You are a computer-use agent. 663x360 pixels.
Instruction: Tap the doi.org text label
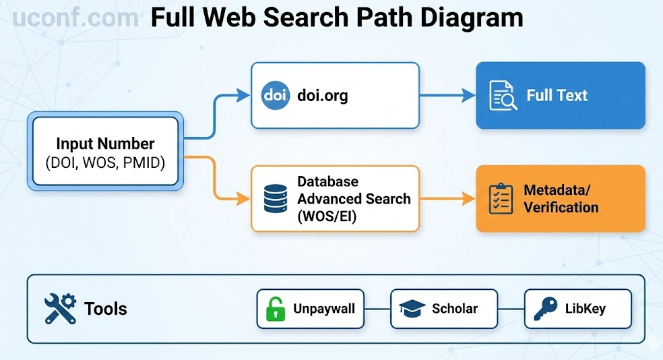click(x=323, y=95)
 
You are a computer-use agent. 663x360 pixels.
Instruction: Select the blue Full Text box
click(x=560, y=95)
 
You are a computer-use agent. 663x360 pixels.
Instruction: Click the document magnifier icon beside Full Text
click(x=503, y=95)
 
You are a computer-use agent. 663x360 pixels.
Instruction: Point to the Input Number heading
click(x=105, y=144)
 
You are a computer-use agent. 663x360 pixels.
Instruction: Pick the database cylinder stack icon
click(x=275, y=199)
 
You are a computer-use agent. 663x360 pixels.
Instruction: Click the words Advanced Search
click(x=354, y=199)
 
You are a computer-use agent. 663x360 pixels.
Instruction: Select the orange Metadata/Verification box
click(x=560, y=199)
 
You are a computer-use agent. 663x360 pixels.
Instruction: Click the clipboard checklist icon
click(x=500, y=199)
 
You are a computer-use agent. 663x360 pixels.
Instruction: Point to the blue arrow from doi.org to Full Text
click(x=447, y=95)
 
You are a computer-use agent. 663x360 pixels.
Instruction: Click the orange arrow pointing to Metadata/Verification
click(x=447, y=199)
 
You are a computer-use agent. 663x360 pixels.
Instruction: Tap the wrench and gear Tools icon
click(x=60, y=309)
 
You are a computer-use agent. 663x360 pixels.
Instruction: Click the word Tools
click(x=106, y=309)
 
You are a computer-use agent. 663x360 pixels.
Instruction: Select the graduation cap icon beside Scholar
click(x=411, y=309)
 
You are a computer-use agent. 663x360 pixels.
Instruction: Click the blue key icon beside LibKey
click(x=544, y=309)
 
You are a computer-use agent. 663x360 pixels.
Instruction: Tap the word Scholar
click(x=455, y=309)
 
